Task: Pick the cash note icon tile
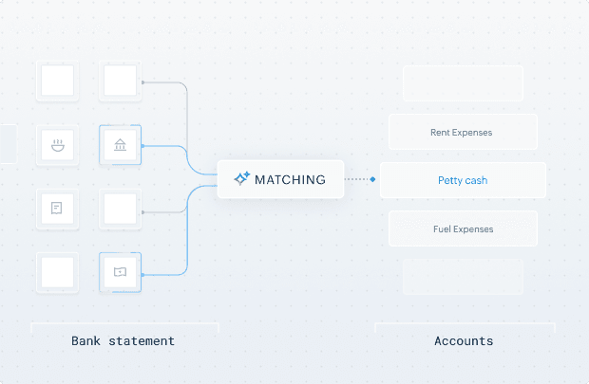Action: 120,271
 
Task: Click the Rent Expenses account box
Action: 463,133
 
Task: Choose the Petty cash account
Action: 463,180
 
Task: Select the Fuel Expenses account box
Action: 463,229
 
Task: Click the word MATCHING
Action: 290,179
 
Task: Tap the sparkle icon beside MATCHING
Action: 241,178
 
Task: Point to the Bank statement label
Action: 123,340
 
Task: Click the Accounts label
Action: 464,340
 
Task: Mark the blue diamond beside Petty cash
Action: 373,178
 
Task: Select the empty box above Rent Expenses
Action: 463,83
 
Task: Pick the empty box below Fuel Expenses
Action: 463,277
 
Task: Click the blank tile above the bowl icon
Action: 57,82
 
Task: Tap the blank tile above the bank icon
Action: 120,82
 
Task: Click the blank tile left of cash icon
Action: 57,271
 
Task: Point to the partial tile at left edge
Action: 8,144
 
